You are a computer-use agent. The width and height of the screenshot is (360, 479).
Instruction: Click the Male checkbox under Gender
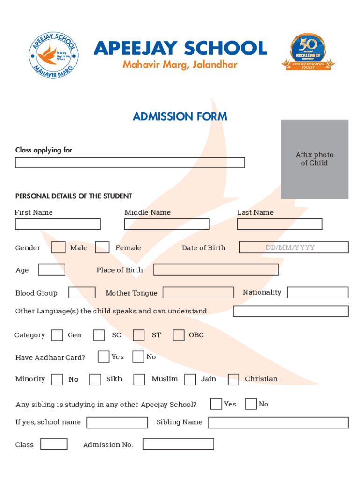tap(58, 247)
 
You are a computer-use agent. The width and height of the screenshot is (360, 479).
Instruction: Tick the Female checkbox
tap(102, 247)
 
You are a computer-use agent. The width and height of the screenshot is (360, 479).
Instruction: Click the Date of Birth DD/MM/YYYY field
tap(294, 247)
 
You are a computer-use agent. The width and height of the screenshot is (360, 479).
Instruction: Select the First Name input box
tap(58, 224)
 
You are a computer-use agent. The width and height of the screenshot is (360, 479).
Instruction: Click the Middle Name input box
tap(167, 224)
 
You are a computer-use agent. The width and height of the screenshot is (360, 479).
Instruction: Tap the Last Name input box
tap(279, 224)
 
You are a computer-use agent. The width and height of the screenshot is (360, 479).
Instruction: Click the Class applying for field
tap(130, 162)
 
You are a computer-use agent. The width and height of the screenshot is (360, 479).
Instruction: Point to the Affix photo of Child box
tap(314, 159)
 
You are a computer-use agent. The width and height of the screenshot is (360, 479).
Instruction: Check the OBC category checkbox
tap(179, 335)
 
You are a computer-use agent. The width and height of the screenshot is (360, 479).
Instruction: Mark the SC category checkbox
tap(99, 335)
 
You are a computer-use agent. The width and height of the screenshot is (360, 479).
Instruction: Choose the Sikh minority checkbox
tap(95, 379)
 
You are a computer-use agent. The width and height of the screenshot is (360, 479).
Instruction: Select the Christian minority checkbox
tap(233, 379)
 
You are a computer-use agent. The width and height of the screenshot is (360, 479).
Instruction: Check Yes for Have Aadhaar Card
tap(104, 356)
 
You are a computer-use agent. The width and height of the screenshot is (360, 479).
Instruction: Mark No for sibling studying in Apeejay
tap(251, 404)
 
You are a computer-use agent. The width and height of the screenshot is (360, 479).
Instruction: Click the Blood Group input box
tap(82, 292)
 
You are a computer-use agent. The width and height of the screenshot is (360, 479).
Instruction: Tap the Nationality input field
tap(317, 292)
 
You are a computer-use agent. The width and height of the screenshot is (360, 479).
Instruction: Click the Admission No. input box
tap(178, 444)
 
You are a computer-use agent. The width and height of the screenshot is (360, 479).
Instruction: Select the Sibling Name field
tap(278, 422)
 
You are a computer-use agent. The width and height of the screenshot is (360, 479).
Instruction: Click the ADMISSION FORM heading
tap(180, 116)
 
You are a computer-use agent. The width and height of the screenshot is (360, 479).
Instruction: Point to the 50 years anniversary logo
tap(308, 52)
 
